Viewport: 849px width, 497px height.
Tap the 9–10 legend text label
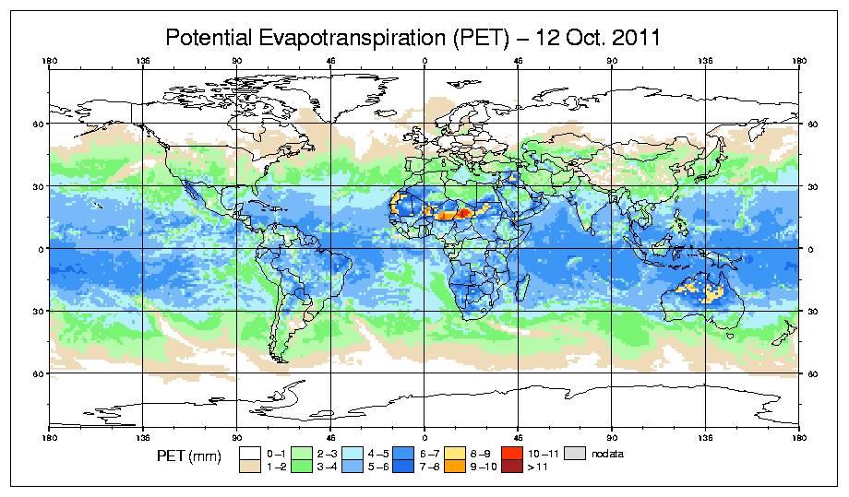coord(484,467)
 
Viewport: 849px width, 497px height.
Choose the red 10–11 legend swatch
coord(510,454)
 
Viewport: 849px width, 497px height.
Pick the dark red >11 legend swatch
coord(510,467)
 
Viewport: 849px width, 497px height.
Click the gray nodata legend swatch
coord(576,454)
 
